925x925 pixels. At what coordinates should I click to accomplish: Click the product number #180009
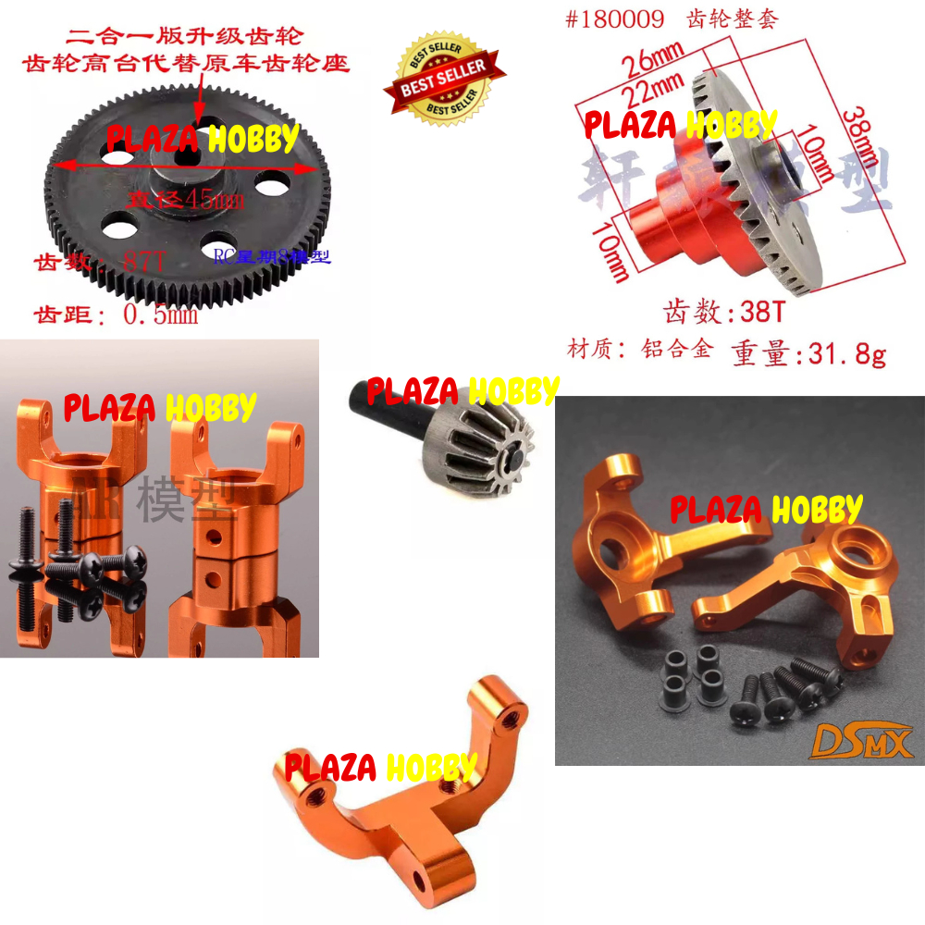(x=615, y=18)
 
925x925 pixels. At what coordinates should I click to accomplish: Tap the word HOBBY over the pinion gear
(x=514, y=391)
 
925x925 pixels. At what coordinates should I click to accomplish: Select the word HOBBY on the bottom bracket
(x=431, y=767)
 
